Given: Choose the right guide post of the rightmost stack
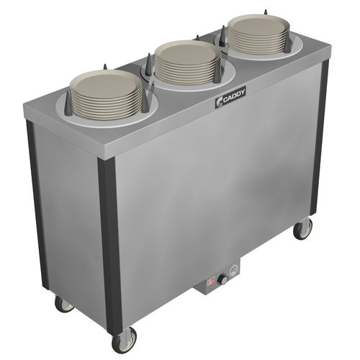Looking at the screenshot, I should click(287, 42).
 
